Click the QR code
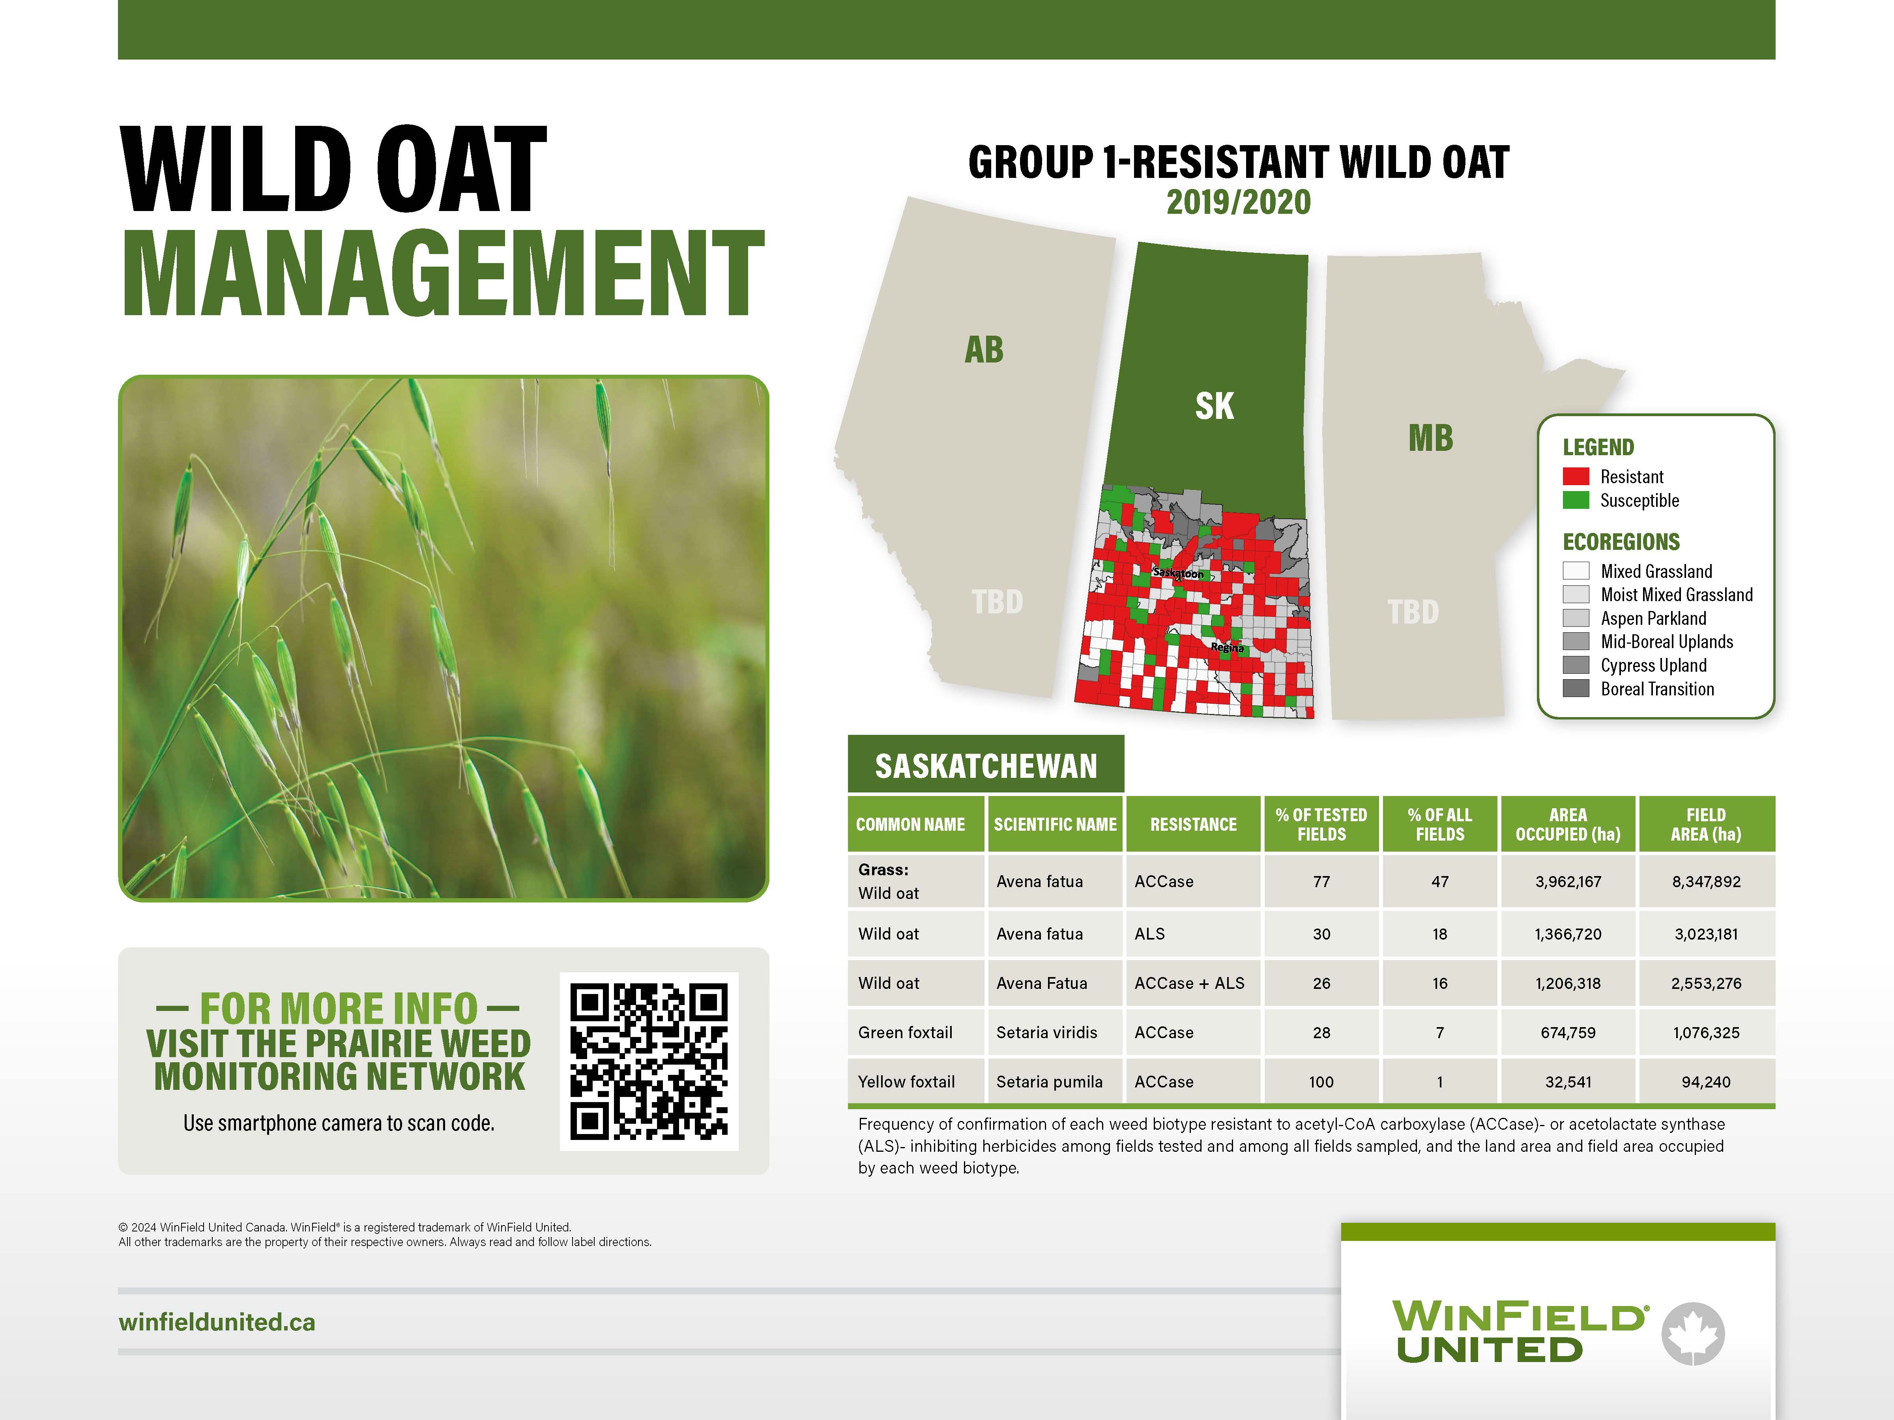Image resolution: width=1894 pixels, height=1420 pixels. tap(649, 1061)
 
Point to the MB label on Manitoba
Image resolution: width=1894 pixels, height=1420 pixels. tap(1431, 438)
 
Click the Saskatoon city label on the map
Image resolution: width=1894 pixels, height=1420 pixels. tap(1178, 573)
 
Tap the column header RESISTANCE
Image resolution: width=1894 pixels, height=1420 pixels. tap(1193, 824)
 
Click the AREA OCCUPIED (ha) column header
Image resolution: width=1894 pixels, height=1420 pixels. tap(1568, 824)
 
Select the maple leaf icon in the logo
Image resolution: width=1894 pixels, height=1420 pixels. tap(1693, 1334)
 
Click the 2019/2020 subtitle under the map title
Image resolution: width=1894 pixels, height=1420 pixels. tap(1238, 202)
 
